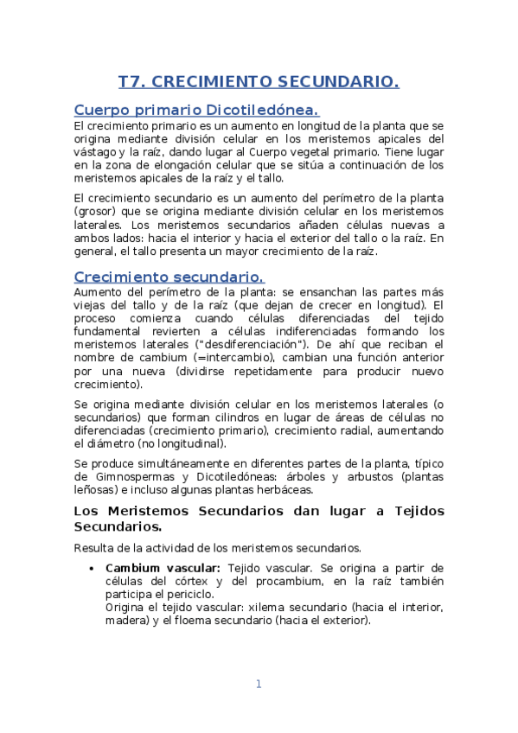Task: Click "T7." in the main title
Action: point(133,82)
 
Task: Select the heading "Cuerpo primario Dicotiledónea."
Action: point(196,110)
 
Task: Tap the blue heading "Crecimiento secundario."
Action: point(169,277)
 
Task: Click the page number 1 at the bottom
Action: point(258,685)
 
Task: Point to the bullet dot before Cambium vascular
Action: point(92,568)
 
